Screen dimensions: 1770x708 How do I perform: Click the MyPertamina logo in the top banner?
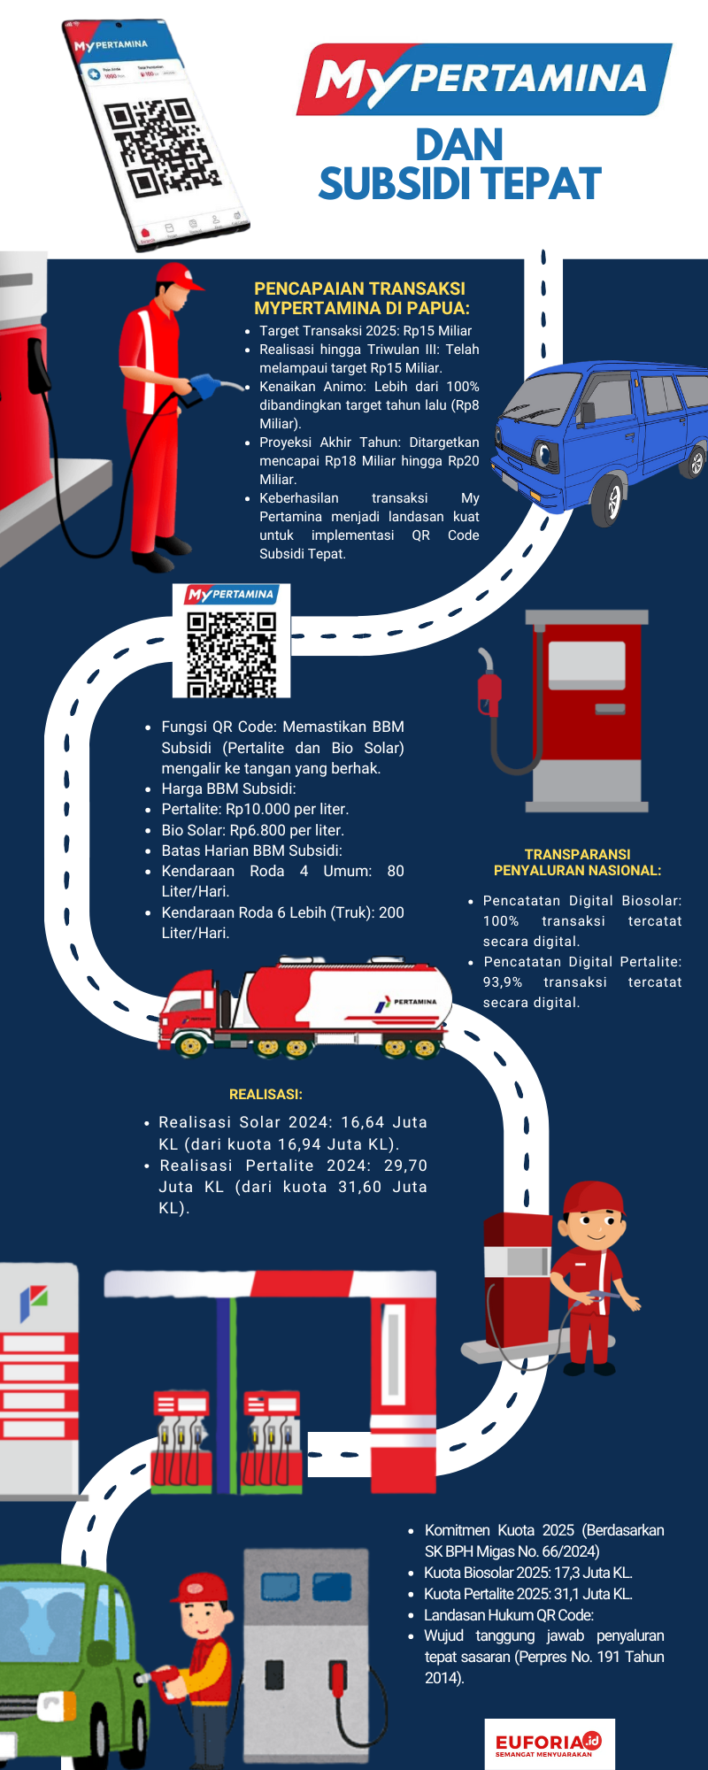[483, 80]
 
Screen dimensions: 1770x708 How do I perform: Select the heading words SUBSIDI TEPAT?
[459, 184]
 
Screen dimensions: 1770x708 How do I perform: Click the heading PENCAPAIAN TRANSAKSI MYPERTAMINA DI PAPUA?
[361, 298]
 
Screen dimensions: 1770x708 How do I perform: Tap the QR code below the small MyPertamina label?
[231, 653]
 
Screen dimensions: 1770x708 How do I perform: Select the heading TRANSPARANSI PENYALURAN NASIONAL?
[577, 862]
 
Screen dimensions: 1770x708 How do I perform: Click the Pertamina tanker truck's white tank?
[354, 996]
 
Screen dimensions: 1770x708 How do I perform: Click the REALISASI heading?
[265, 1095]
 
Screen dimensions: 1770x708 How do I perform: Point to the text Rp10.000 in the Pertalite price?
[257, 809]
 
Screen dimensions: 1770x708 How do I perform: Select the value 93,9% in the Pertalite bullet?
[502, 982]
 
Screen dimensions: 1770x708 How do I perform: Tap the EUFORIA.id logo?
[549, 1743]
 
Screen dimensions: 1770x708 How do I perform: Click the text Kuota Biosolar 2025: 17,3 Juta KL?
[527, 1573]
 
